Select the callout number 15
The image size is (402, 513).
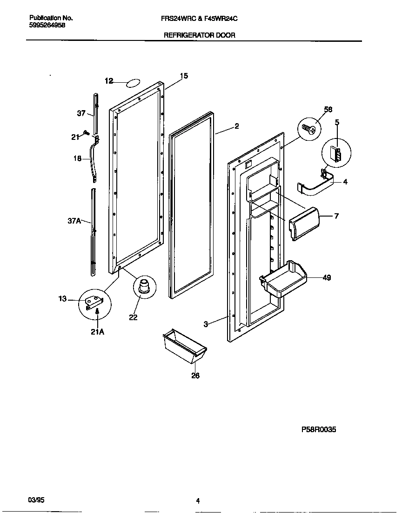pyautogui.click(x=184, y=76)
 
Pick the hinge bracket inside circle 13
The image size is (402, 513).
pyautogui.click(x=93, y=303)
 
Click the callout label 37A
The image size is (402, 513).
pyautogui.click(x=74, y=221)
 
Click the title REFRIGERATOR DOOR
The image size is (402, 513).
pyautogui.click(x=199, y=35)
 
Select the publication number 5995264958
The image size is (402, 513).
pyautogui.click(x=45, y=26)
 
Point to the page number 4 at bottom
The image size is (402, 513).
pyautogui.click(x=198, y=500)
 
